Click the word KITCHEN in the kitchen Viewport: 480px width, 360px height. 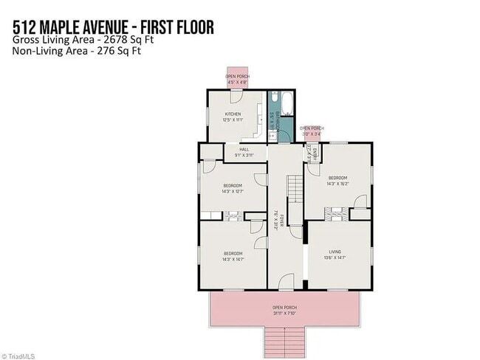point(233,114)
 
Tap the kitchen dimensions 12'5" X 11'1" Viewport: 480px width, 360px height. point(233,120)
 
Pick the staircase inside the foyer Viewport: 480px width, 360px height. point(295,188)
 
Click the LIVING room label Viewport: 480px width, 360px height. point(335,252)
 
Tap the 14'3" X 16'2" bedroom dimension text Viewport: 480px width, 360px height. point(338,184)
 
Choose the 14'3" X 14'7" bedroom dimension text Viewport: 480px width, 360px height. point(233,259)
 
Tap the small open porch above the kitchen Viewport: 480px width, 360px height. point(236,77)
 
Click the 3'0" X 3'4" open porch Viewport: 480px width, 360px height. point(311,132)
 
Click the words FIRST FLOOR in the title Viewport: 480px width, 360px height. point(173,28)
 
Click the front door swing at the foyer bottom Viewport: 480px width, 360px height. point(286,279)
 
